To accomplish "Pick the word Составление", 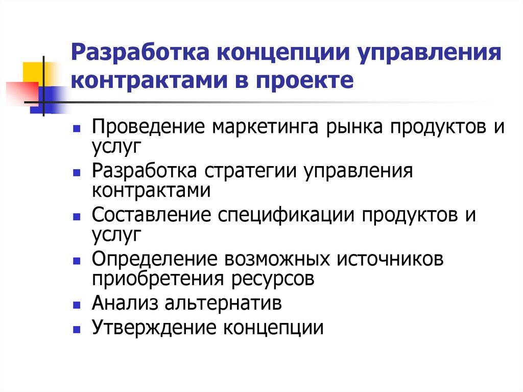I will [152, 215].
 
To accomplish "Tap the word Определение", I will [154, 259].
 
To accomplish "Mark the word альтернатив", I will [223, 304].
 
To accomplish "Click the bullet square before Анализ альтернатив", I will [76, 304].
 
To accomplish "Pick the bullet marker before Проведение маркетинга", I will [76, 128].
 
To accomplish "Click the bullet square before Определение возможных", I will [76, 260].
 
